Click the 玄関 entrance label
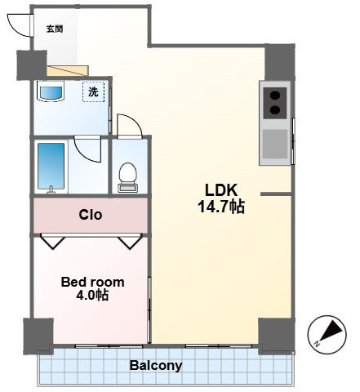(x=55, y=29)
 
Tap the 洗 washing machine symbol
(x=93, y=92)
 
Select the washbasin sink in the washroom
(x=51, y=93)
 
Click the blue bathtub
(x=51, y=166)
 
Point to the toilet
(x=127, y=177)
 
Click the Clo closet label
(x=91, y=215)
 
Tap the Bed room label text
(x=92, y=282)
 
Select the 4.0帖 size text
(x=92, y=295)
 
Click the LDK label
(x=221, y=190)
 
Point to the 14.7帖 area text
(x=221, y=207)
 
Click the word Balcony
(x=156, y=366)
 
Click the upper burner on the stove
(x=275, y=96)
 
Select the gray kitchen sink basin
(x=275, y=144)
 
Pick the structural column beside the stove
(x=280, y=62)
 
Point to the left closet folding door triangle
(x=53, y=241)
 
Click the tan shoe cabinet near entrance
(x=68, y=71)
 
